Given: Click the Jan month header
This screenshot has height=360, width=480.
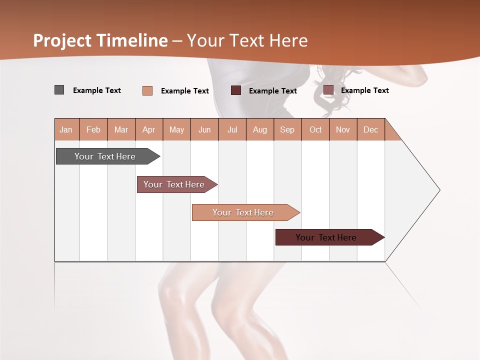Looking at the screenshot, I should [x=66, y=129].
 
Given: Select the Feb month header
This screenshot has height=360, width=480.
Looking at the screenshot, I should [x=93, y=129].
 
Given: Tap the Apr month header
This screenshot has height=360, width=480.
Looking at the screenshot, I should [x=148, y=129].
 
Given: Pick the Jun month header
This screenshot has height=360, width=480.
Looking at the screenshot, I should [x=204, y=129].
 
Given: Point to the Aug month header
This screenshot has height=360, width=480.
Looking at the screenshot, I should [x=259, y=129].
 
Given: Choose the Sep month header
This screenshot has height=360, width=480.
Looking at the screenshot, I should [x=287, y=129].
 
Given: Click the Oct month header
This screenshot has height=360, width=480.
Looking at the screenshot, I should [x=315, y=129].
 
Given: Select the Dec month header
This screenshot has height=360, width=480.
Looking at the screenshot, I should [x=370, y=129].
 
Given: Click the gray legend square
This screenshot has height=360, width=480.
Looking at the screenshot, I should [x=59, y=90].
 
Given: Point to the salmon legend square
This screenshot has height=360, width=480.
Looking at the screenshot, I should [x=147, y=90].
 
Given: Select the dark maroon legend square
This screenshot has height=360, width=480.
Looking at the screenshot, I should [x=235, y=90].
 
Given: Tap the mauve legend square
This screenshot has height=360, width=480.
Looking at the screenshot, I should [x=328, y=90].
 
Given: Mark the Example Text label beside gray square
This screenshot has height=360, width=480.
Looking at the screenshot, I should [x=97, y=90].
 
